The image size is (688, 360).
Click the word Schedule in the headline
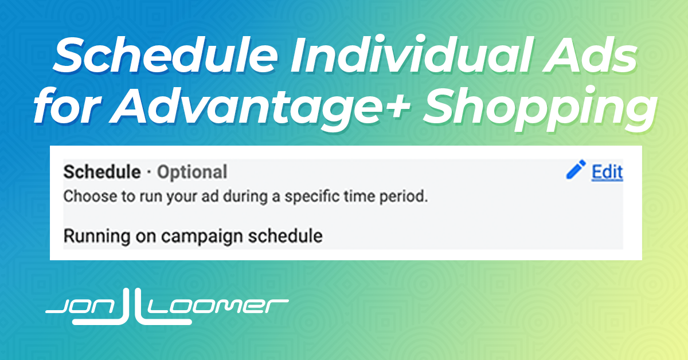pos(166,55)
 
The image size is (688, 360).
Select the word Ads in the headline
pos(589,55)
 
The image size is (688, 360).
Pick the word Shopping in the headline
pos(541,108)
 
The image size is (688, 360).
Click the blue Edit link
pos(607,172)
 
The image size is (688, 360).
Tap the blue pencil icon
pos(576,169)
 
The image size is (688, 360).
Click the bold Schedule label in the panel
pos(102,172)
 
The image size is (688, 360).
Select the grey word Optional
pos(192,173)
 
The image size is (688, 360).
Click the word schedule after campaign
pos(286,236)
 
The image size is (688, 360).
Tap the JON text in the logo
pos(81,307)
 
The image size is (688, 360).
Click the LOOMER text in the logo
pos(218,307)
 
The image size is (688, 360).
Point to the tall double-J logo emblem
pos(132,307)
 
